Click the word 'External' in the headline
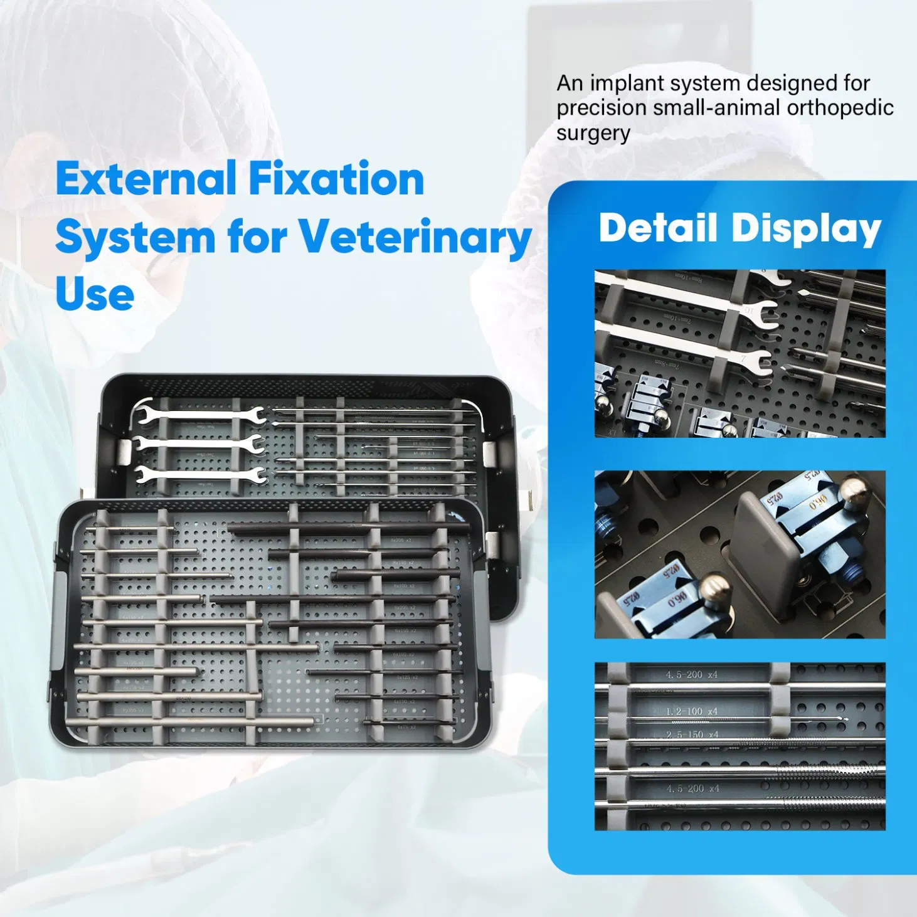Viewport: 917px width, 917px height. pyautogui.click(x=146, y=179)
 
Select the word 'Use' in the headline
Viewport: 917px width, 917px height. pyautogui.click(x=95, y=294)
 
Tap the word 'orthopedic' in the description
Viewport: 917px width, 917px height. pyautogui.click(x=840, y=108)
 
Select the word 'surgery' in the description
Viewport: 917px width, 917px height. pyautogui.click(x=593, y=134)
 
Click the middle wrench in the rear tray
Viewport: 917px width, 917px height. pyautogui.click(x=198, y=443)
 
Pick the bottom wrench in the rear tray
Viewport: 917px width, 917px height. pyautogui.click(x=198, y=474)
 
